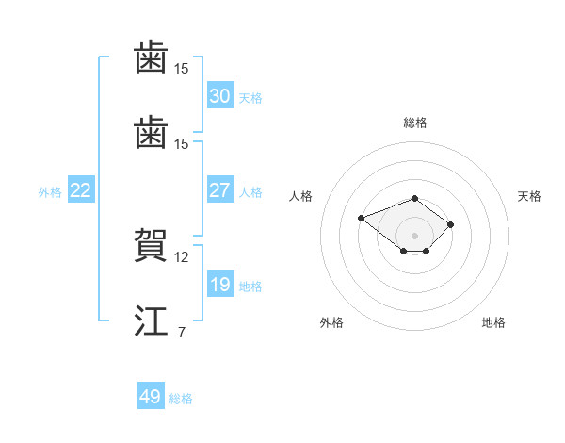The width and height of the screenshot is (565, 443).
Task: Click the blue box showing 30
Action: point(220,95)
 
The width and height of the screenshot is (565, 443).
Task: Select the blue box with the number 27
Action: point(220,189)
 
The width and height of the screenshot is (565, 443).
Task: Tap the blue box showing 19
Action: point(220,283)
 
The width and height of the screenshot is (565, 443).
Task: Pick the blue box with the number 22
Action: point(81,189)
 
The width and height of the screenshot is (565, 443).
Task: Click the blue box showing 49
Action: point(151,395)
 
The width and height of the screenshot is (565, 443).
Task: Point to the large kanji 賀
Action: point(151,244)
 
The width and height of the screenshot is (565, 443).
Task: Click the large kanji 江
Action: point(151,320)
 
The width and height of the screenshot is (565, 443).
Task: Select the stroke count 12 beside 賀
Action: point(181,257)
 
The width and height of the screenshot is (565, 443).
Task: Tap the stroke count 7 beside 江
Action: point(182,332)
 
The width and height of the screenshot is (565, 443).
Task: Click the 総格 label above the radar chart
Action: point(415,123)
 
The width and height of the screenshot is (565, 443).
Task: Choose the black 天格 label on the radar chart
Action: point(529,196)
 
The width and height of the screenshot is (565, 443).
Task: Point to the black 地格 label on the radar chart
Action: point(493,322)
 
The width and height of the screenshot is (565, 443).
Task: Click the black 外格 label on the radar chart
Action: point(331,322)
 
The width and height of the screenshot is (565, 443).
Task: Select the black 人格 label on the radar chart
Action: point(300,196)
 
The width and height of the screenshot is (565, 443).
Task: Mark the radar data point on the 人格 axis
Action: point(361,218)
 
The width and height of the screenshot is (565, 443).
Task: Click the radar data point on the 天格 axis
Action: point(450,224)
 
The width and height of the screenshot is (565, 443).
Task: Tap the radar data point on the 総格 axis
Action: point(414,199)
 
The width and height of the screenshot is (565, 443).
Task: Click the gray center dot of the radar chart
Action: point(414,236)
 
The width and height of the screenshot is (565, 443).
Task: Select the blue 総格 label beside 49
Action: point(181,399)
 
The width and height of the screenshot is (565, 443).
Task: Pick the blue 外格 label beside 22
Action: point(50,192)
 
